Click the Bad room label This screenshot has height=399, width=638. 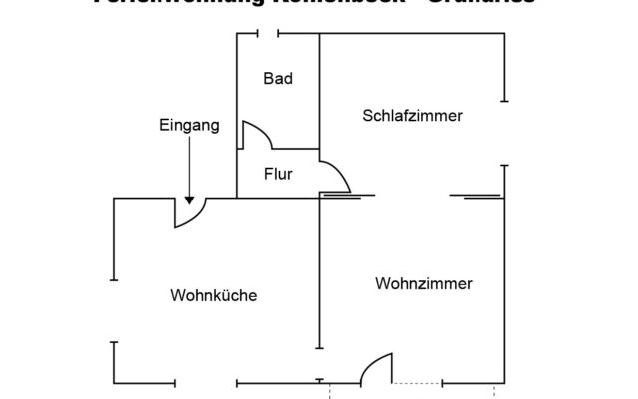tap(278, 78)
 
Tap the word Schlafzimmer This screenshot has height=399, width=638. tap(412, 116)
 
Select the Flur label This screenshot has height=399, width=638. tap(278, 174)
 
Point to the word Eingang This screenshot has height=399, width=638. tap(188, 126)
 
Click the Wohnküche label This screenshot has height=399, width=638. tap(214, 295)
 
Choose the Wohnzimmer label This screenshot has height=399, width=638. tap(424, 283)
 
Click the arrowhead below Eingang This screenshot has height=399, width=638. tap(189, 199)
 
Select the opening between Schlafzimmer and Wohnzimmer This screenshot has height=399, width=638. tap(412, 196)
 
